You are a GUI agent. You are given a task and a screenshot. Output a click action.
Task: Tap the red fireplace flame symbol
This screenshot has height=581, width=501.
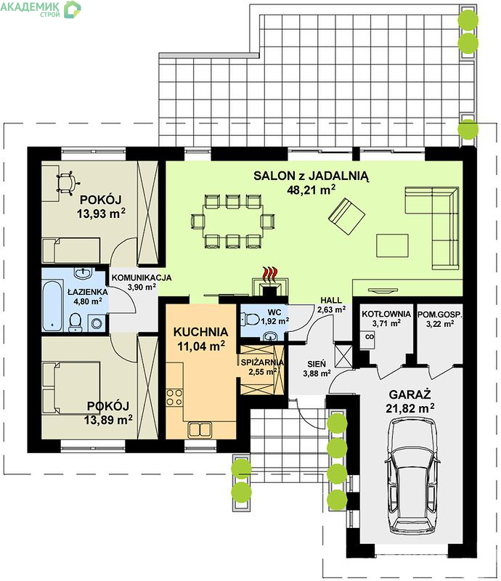click(269, 274)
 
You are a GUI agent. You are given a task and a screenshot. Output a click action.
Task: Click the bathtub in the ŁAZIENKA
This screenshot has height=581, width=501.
click(52, 306)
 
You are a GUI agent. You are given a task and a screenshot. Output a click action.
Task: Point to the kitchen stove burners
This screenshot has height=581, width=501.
click(174, 397)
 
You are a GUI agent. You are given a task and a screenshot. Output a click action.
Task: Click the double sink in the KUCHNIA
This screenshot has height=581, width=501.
click(200, 430)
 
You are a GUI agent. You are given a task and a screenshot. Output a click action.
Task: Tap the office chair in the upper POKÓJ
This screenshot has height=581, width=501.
click(68, 183)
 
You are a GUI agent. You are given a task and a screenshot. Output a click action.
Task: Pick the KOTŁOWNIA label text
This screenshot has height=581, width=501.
click(386, 314)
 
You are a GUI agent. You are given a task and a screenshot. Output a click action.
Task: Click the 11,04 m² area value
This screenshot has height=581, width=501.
click(201, 346)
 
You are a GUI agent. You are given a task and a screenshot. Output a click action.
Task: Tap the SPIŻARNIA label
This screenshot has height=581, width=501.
click(262, 362)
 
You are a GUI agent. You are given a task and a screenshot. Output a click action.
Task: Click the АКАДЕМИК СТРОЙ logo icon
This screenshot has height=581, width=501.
click(73, 9)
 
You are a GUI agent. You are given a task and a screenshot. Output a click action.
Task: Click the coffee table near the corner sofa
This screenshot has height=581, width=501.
click(392, 245)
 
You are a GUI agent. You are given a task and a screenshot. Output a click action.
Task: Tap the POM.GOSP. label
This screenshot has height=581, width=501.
click(440, 314)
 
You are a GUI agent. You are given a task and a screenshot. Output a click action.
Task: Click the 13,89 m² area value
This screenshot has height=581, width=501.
click(108, 420)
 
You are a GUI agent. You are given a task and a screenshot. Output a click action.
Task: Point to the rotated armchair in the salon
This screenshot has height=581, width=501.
click(346, 216)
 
